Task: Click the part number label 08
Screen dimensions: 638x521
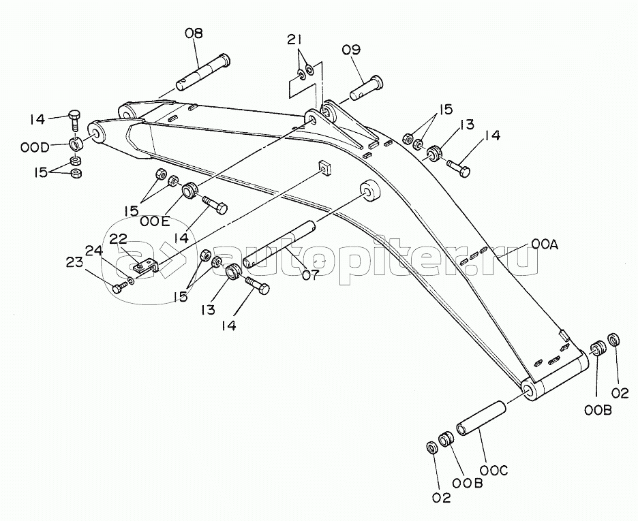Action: (x=194, y=33)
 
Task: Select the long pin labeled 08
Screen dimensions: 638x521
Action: (x=203, y=73)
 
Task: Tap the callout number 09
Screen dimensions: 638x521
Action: (x=351, y=50)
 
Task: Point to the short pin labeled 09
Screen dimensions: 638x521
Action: (x=366, y=88)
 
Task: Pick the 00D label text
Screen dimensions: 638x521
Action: (x=35, y=147)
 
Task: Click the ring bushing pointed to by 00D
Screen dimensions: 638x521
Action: (x=76, y=144)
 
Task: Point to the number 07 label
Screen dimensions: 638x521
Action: (x=311, y=276)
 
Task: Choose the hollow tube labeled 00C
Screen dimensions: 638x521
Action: (x=481, y=419)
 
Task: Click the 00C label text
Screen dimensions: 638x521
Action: (x=493, y=471)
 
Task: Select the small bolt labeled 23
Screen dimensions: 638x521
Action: (x=120, y=287)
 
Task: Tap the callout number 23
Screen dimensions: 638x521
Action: (x=75, y=264)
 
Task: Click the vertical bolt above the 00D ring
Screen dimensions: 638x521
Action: (x=75, y=119)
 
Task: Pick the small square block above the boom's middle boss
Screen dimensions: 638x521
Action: (x=324, y=168)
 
